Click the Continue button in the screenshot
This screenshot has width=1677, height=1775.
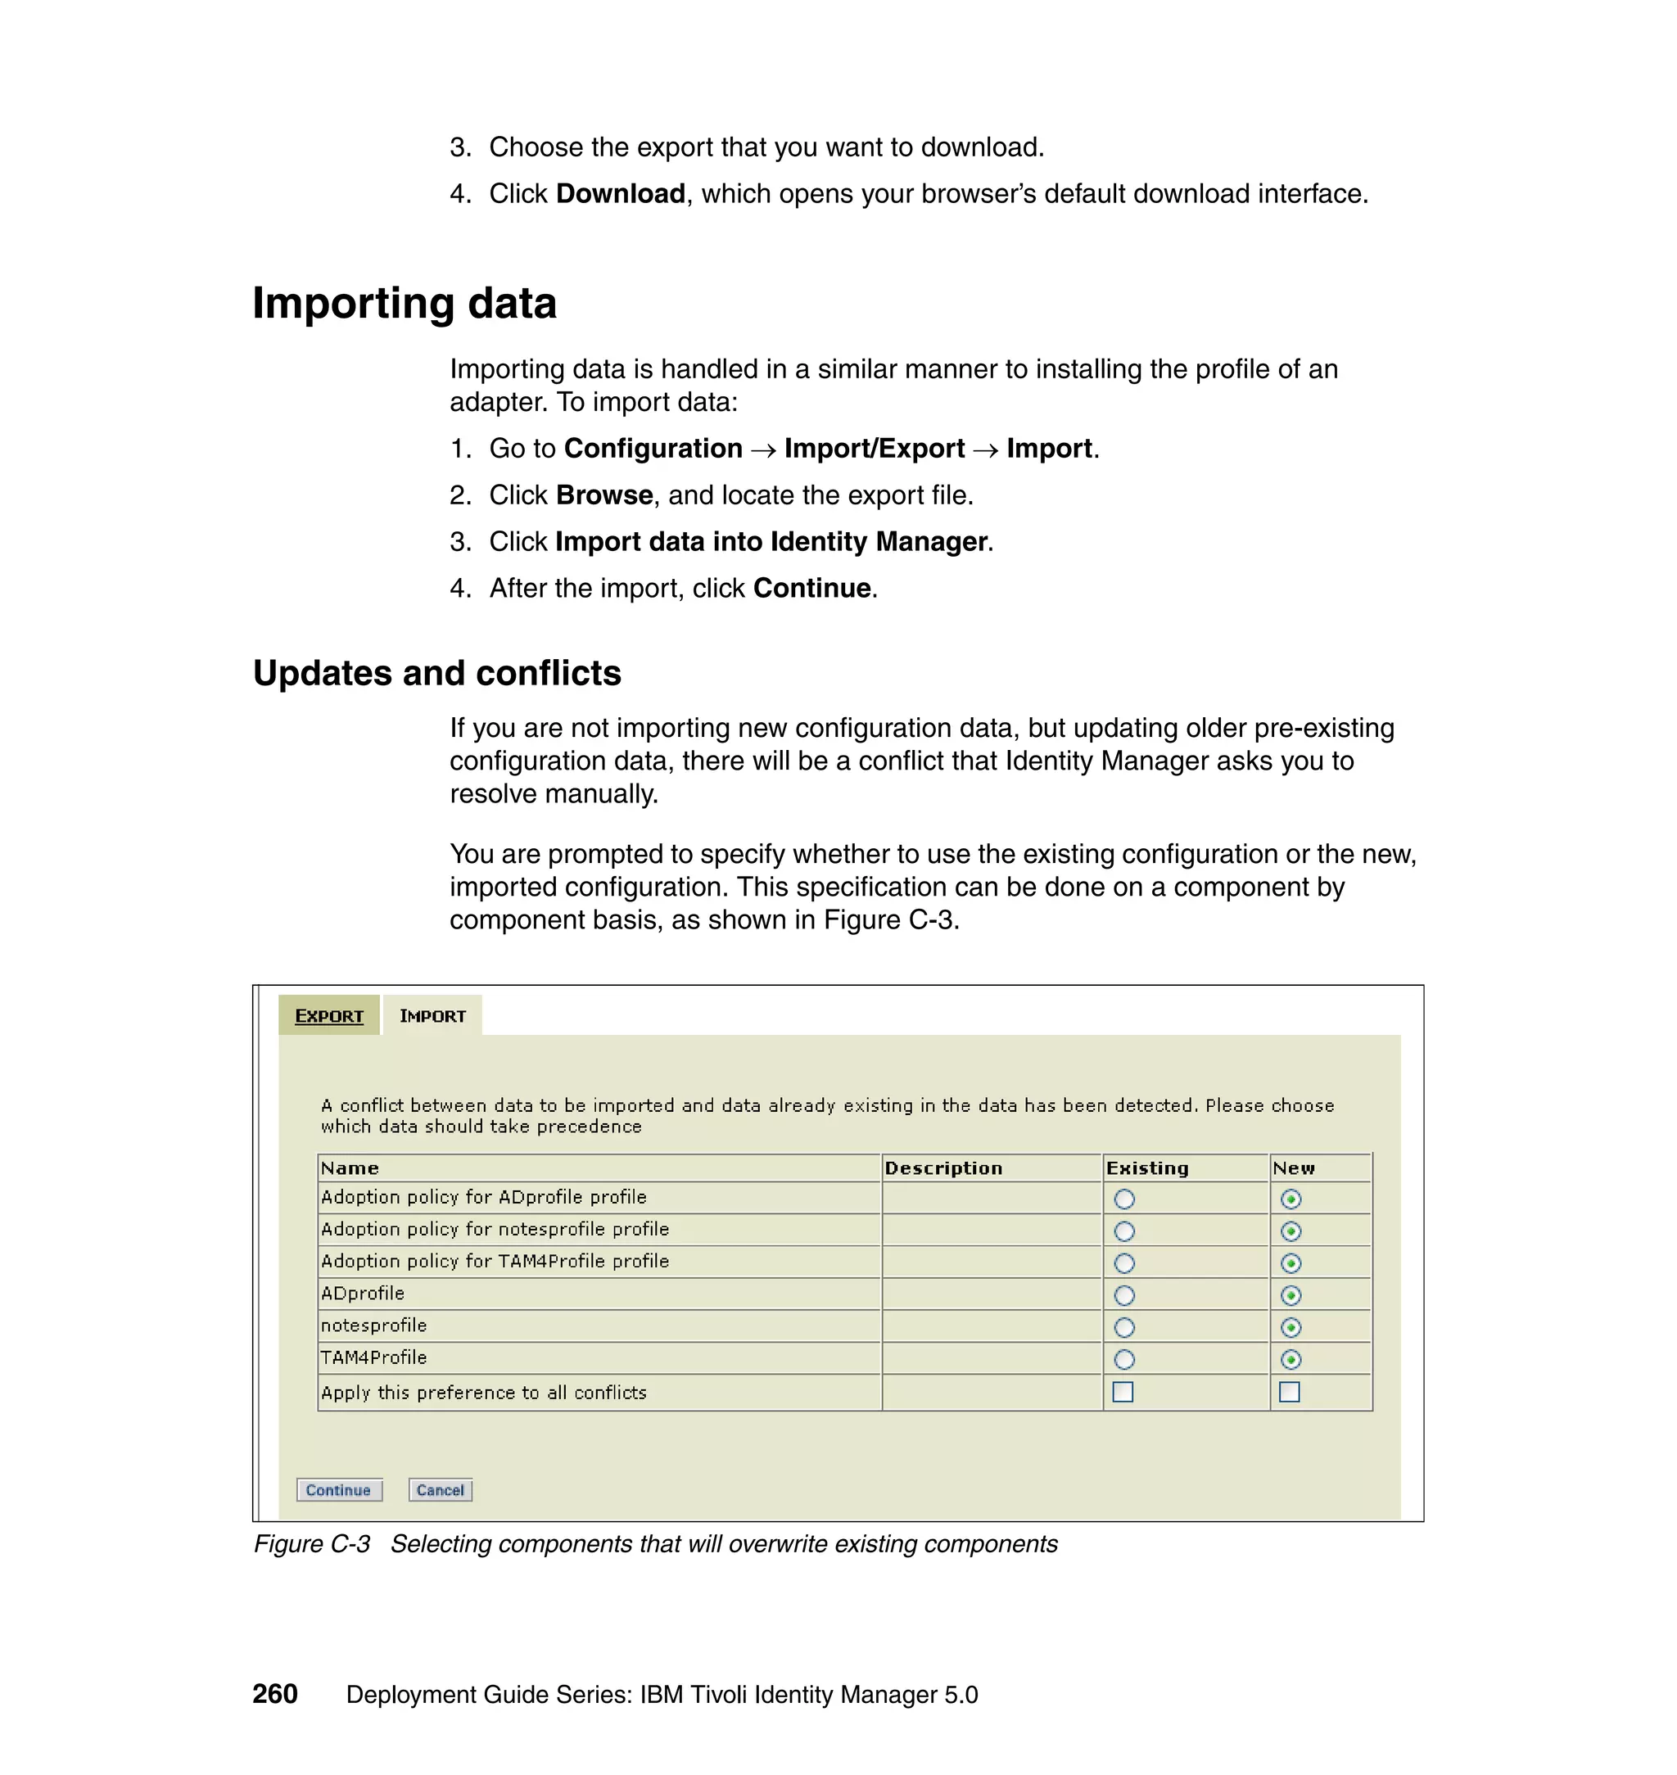[x=339, y=1490]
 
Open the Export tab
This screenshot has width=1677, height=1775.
[x=329, y=1016]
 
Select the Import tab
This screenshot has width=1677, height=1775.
[x=432, y=1016]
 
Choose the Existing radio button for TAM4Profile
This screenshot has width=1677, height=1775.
[x=1124, y=1359]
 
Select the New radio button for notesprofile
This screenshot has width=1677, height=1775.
[x=1291, y=1327]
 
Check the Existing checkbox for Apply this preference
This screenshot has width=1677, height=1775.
[x=1123, y=1392]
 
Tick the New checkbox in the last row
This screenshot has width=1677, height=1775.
[x=1289, y=1392]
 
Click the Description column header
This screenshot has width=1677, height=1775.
[x=943, y=1168]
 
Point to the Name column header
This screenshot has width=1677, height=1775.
[x=350, y=1168]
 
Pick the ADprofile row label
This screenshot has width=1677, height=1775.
[x=363, y=1294]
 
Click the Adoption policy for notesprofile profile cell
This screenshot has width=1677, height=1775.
[x=495, y=1229]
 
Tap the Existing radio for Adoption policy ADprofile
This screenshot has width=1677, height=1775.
[x=1124, y=1199]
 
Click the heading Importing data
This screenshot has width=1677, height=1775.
[x=404, y=303]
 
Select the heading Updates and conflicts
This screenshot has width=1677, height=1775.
[x=436, y=673]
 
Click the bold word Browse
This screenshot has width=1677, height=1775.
[x=604, y=495]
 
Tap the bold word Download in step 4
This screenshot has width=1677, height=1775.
[x=621, y=194]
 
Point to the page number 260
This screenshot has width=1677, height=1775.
[x=274, y=1694]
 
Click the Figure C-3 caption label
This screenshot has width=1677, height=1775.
[x=311, y=1544]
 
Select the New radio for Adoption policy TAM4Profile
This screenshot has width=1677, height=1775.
[x=1291, y=1262]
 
